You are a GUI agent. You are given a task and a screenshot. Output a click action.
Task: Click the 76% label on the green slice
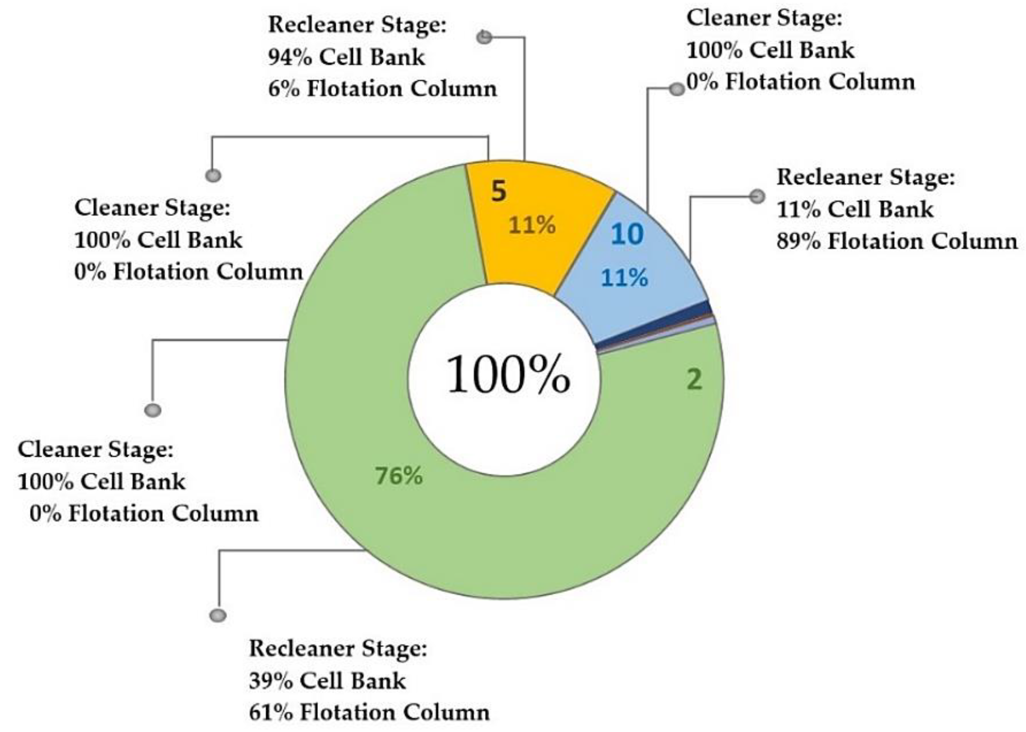[399, 476]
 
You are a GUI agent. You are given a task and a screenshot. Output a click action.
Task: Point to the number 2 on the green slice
[694, 379]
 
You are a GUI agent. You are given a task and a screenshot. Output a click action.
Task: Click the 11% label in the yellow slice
[532, 225]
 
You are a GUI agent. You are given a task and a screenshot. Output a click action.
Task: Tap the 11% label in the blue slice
[625, 278]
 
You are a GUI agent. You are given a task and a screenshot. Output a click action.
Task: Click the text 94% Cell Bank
[346, 57]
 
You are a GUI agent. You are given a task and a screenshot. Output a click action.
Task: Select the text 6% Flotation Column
[382, 89]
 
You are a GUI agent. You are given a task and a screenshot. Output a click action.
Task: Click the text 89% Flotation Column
[897, 241]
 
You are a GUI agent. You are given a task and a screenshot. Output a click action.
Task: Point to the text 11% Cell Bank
[855, 209]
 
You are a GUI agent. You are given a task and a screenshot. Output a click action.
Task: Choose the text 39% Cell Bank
[327, 681]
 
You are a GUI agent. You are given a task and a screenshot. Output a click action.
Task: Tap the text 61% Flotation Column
[369, 713]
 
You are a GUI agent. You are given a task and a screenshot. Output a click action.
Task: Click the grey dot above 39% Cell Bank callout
[218, 615]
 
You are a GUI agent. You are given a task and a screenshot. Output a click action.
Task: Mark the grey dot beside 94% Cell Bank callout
[484, 37]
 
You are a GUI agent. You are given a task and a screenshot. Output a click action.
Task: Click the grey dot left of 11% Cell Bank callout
[757, 197]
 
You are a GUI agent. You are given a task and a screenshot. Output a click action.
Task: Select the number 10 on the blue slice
[627, 234]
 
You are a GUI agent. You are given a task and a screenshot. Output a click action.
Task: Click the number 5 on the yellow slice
[499, 191]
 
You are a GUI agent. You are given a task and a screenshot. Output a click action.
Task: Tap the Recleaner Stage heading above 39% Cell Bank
[337, 648]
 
